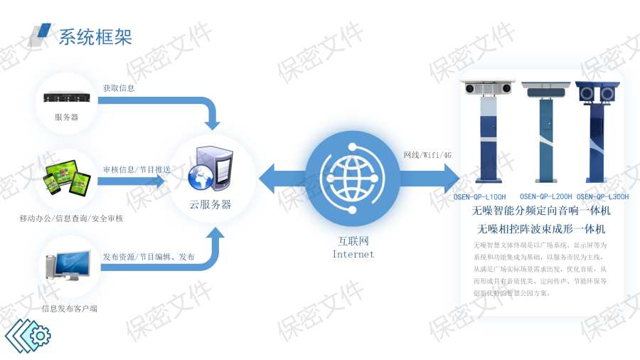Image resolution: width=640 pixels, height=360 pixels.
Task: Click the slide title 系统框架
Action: click(95, 36)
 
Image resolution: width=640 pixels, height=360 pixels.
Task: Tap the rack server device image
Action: click(66, 97)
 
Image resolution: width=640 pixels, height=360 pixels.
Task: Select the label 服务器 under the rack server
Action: click(66, 117)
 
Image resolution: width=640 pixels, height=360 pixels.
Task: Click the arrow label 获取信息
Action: click(119, 88)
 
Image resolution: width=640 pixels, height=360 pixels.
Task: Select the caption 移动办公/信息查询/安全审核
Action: click(71, 218)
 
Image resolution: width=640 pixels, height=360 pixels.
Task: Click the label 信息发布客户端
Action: click(70, 308)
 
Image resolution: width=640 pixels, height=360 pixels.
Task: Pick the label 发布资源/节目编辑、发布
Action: click(149, 256)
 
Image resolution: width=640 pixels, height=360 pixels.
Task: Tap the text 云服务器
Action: click(210, 204)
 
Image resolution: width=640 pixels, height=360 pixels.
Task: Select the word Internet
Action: click(353, 254)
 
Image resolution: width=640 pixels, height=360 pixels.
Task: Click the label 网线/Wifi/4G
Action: click(427, 155)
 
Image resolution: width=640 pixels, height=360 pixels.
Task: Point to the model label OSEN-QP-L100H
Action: click(480, 196)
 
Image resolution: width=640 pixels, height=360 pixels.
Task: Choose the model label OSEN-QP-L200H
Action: click(545, 196)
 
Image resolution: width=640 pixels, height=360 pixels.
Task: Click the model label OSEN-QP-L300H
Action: click(602, 196)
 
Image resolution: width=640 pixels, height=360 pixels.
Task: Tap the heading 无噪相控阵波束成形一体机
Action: click(541, 229)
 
